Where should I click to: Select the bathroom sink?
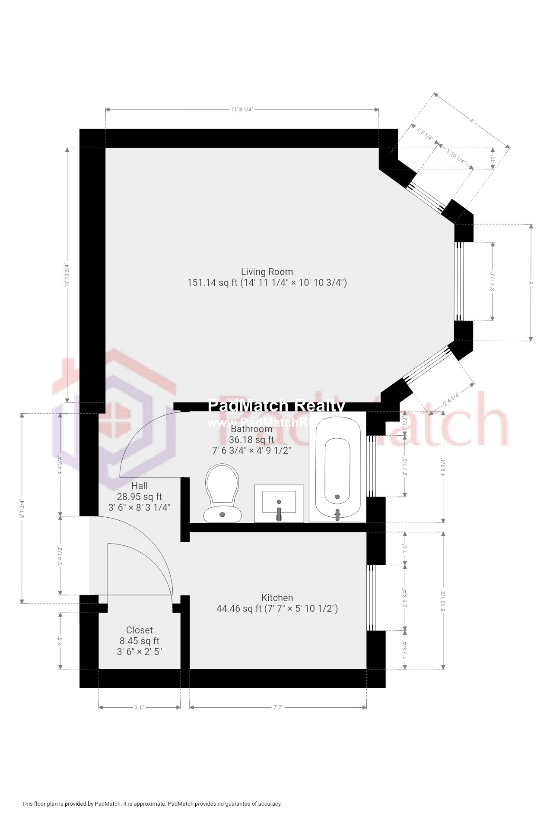(x=279, y=503)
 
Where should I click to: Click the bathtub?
(x=337, y=468)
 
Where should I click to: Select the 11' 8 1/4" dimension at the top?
(x=242, y=110)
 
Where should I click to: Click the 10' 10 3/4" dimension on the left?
(x=67, y=275)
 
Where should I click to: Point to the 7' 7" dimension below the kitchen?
(x=278, y=708)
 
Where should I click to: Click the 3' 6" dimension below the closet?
(x=139, y=708)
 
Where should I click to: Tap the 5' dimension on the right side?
(x=531, y=282)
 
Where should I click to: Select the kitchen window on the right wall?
(x=371, y=598)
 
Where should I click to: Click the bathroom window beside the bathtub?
(x=371, y=466)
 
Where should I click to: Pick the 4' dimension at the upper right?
(x=472, y=121)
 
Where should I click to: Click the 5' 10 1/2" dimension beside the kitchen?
(x=443, y=601)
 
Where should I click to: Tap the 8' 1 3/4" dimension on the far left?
(x=22, y=508)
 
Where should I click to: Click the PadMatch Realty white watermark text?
(x=276, y=406)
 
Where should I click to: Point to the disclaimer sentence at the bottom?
(x=152, y=804)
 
